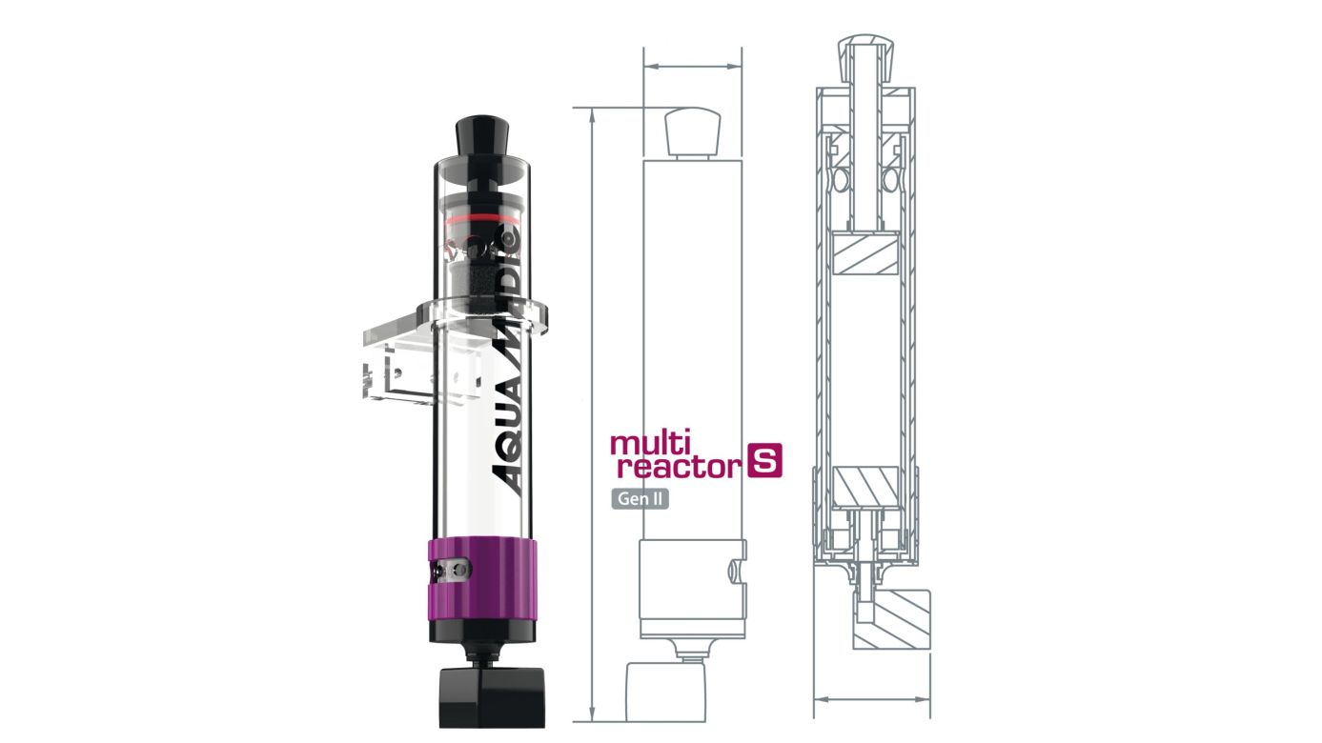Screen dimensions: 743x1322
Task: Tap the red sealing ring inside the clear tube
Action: (480, 218)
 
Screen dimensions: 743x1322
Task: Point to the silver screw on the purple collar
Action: (456, 570)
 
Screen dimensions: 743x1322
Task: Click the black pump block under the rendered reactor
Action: (491, 698)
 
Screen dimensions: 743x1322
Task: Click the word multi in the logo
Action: (645, 445)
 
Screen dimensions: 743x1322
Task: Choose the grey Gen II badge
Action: (640, 498)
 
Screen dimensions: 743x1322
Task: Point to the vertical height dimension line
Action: (593, 410)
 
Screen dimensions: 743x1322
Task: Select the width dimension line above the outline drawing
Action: (692, 67)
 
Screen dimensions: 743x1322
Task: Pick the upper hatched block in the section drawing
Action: (864, 254)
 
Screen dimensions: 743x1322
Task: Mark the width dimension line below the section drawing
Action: (871, 697)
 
